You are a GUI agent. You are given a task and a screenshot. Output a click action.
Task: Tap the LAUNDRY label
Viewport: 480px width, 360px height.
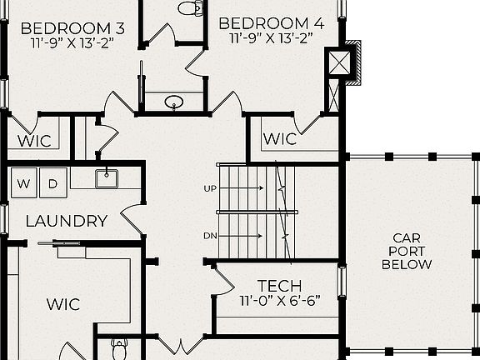coord(66,221)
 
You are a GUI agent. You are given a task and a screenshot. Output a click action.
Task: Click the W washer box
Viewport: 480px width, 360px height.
coord(24,182)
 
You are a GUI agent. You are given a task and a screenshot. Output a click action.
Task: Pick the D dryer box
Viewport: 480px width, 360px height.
coord(52,182)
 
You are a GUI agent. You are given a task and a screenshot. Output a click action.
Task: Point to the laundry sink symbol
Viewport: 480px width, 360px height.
coord(105,176)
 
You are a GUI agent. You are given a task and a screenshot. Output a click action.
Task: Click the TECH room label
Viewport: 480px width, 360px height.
coord(279,285)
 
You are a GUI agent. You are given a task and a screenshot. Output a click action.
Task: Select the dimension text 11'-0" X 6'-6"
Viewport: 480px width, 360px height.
coord(279,300)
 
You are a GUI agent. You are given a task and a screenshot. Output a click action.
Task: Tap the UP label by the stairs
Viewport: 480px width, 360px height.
coord(210,188)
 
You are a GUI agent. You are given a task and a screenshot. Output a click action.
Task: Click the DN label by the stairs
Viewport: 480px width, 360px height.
coord(210,236)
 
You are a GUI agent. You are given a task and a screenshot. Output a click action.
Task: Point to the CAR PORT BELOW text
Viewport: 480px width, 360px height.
coord(407,252)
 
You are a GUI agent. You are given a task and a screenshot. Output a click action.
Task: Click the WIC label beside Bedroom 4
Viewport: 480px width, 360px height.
coord(280,139)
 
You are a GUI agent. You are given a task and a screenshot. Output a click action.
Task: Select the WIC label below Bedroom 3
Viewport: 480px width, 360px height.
coord(36,141)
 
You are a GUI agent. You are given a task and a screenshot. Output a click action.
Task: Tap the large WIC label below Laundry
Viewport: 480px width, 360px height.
coord(62,304)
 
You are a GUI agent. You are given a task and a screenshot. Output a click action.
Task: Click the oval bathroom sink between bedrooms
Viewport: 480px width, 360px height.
coord(173,102)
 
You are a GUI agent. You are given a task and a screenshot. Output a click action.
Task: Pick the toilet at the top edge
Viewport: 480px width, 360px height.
coord(191,8)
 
